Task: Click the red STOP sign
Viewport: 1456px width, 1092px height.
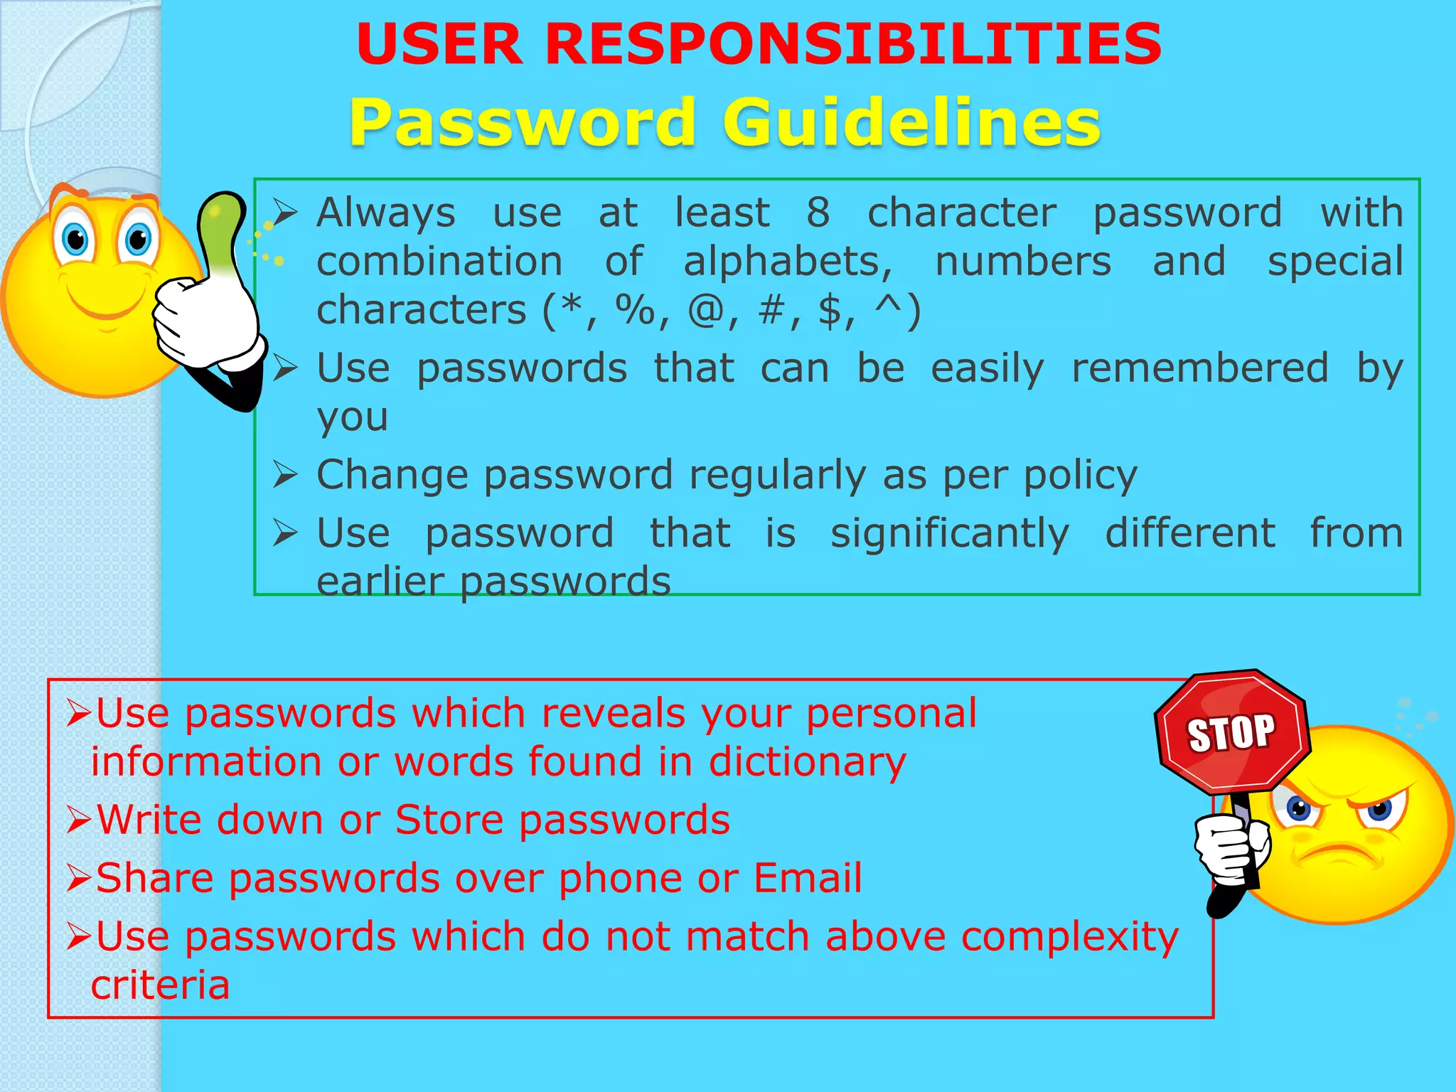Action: (x=1232, y=732)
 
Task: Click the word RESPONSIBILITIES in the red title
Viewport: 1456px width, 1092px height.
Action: (x=853, y=44)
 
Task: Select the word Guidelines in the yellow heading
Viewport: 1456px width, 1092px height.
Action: (x=911, y=122)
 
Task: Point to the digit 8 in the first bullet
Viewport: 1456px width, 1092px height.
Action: (x=818, y=213)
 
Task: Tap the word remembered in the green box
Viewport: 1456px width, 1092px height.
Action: (x=1199, y=368)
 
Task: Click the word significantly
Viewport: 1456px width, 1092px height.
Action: (x=950, y=534)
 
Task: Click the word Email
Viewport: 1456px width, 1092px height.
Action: (x=808, y=878)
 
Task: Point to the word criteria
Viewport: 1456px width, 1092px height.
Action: (x=161, y=985)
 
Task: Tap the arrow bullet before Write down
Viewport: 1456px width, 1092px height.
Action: (x=78, y=820)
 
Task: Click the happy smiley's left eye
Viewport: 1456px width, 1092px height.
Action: (x=75, y=240)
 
